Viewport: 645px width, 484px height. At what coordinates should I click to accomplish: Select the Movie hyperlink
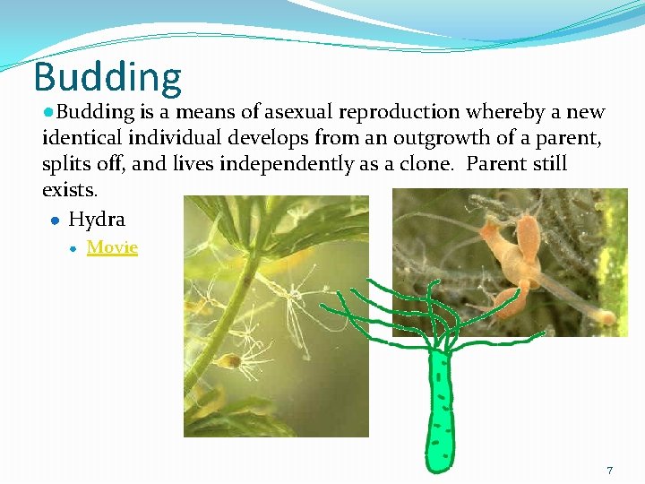click(112, 246)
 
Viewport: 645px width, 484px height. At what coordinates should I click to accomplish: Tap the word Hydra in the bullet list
click(97, 219)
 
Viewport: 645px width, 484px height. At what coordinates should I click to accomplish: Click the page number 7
click(610, 471)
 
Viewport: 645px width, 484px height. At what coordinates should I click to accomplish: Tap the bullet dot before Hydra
click(55, 220)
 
